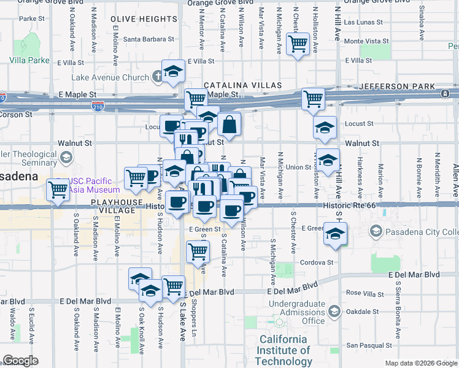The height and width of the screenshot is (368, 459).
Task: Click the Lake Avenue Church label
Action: (110, 78)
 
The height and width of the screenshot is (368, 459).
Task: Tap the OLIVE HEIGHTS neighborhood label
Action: (144, 20)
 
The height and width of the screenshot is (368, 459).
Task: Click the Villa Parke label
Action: (29, 61)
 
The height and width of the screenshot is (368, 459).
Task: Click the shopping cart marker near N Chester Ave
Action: (298, 44)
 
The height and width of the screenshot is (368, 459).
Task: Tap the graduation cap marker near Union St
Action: (328, 160)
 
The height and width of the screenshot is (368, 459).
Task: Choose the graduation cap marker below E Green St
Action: (335, 234)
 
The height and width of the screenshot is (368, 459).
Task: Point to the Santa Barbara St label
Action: (149, 40)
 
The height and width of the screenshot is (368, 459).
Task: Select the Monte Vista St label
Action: (363, 42)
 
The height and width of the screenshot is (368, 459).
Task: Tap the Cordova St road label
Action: (317, 262)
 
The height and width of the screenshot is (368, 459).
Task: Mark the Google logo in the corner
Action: (20, 361)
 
